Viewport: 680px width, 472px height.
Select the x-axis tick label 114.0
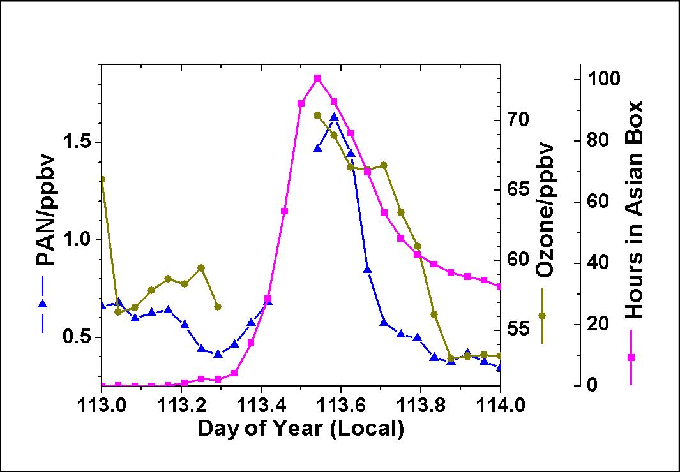(500, 406)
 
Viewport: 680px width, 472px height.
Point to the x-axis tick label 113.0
(102, 406)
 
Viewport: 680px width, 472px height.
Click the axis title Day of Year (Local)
(301, 428)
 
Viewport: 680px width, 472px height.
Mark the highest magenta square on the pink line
(317, 78)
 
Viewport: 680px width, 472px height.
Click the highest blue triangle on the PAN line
(334, 117)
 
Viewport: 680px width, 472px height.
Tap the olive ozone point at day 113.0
(102, 180)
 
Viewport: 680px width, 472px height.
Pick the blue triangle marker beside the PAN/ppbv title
(43, 304)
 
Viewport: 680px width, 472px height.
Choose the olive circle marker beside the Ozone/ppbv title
(543, 316)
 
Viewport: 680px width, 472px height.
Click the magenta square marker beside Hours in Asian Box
(631, 357)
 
